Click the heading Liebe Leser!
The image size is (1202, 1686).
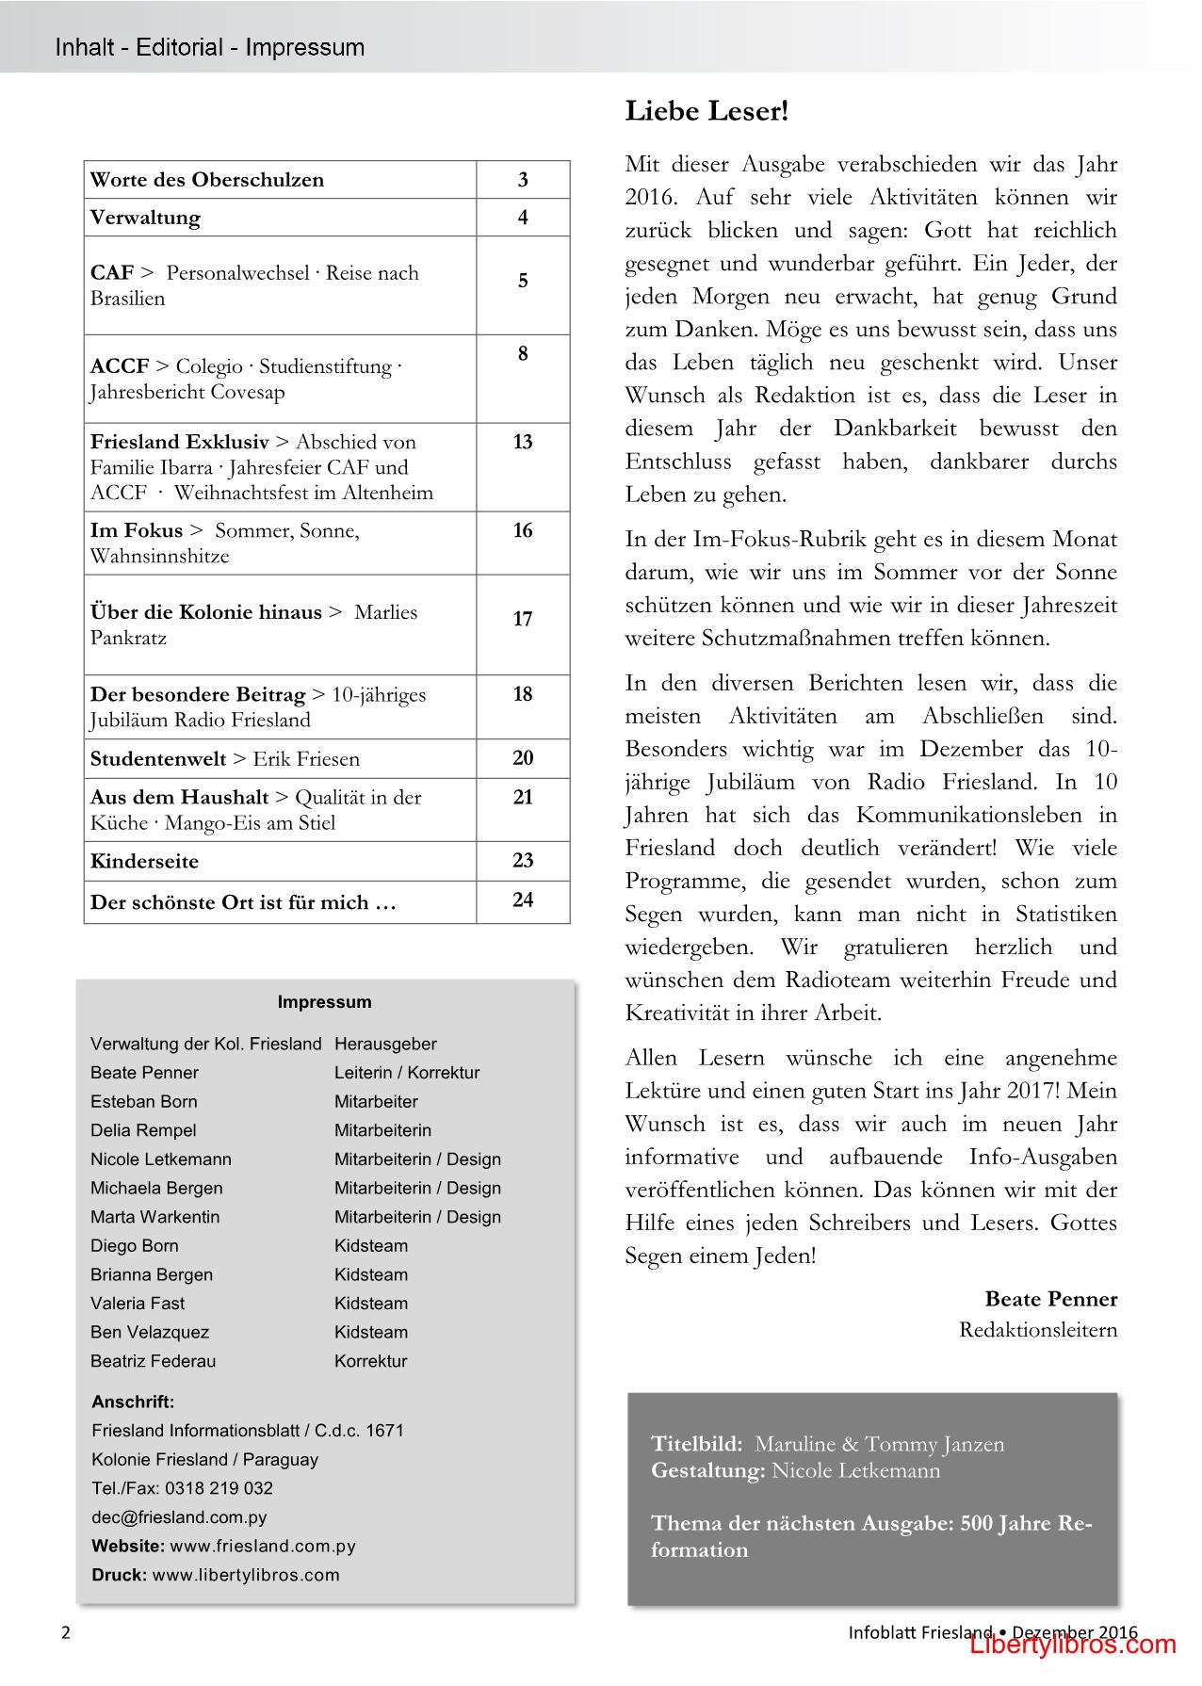coord(707,111)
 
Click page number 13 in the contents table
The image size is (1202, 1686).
coord(523,442)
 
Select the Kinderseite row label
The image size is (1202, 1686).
coord(144,861)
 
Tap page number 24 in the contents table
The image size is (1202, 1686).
coord(523,900)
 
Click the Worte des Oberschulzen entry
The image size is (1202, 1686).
coord(206,179)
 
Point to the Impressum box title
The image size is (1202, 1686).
coord(324,1002)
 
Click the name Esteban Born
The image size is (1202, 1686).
coord(143,1101)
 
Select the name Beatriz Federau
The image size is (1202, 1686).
coord(153,1361)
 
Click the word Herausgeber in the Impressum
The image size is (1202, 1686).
coord(385,1044)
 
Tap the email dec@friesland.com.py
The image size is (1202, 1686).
coord(179,1517)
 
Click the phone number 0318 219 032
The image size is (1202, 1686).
coord(219,1488)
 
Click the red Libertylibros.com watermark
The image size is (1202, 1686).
coord(1074,1645)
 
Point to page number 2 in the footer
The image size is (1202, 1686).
coord(66,1633)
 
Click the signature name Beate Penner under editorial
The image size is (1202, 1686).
coord(1050,1299)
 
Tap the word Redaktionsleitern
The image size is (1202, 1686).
coord(1038,1330)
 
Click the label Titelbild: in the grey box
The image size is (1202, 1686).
coord(696,1444)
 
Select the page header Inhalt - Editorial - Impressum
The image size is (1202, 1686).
coord(209,47)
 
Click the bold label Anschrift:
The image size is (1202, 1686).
coord(133,1402)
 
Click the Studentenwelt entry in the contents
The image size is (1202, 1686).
coord(158,758)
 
